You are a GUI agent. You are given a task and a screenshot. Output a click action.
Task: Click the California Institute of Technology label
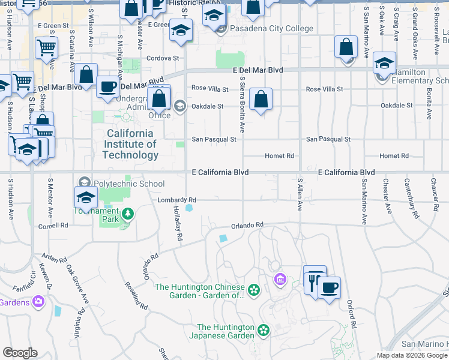tap(130, 144)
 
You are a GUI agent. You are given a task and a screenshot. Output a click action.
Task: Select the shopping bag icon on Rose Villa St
tap(261, 100)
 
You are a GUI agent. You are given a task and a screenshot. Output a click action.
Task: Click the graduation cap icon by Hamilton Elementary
tap(384, 62)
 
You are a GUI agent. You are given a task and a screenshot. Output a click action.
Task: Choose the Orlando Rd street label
tap(247, 225)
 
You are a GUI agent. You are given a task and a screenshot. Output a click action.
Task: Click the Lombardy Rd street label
tap(176, 200)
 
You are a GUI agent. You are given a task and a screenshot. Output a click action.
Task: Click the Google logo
tap(20, 353)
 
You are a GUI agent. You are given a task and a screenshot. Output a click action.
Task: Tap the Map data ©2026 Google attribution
tap(411, 355)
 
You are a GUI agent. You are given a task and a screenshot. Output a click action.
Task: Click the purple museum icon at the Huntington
tap(279, 279)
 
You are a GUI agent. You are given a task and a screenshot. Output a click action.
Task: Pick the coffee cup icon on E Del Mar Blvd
tap(108, 86)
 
